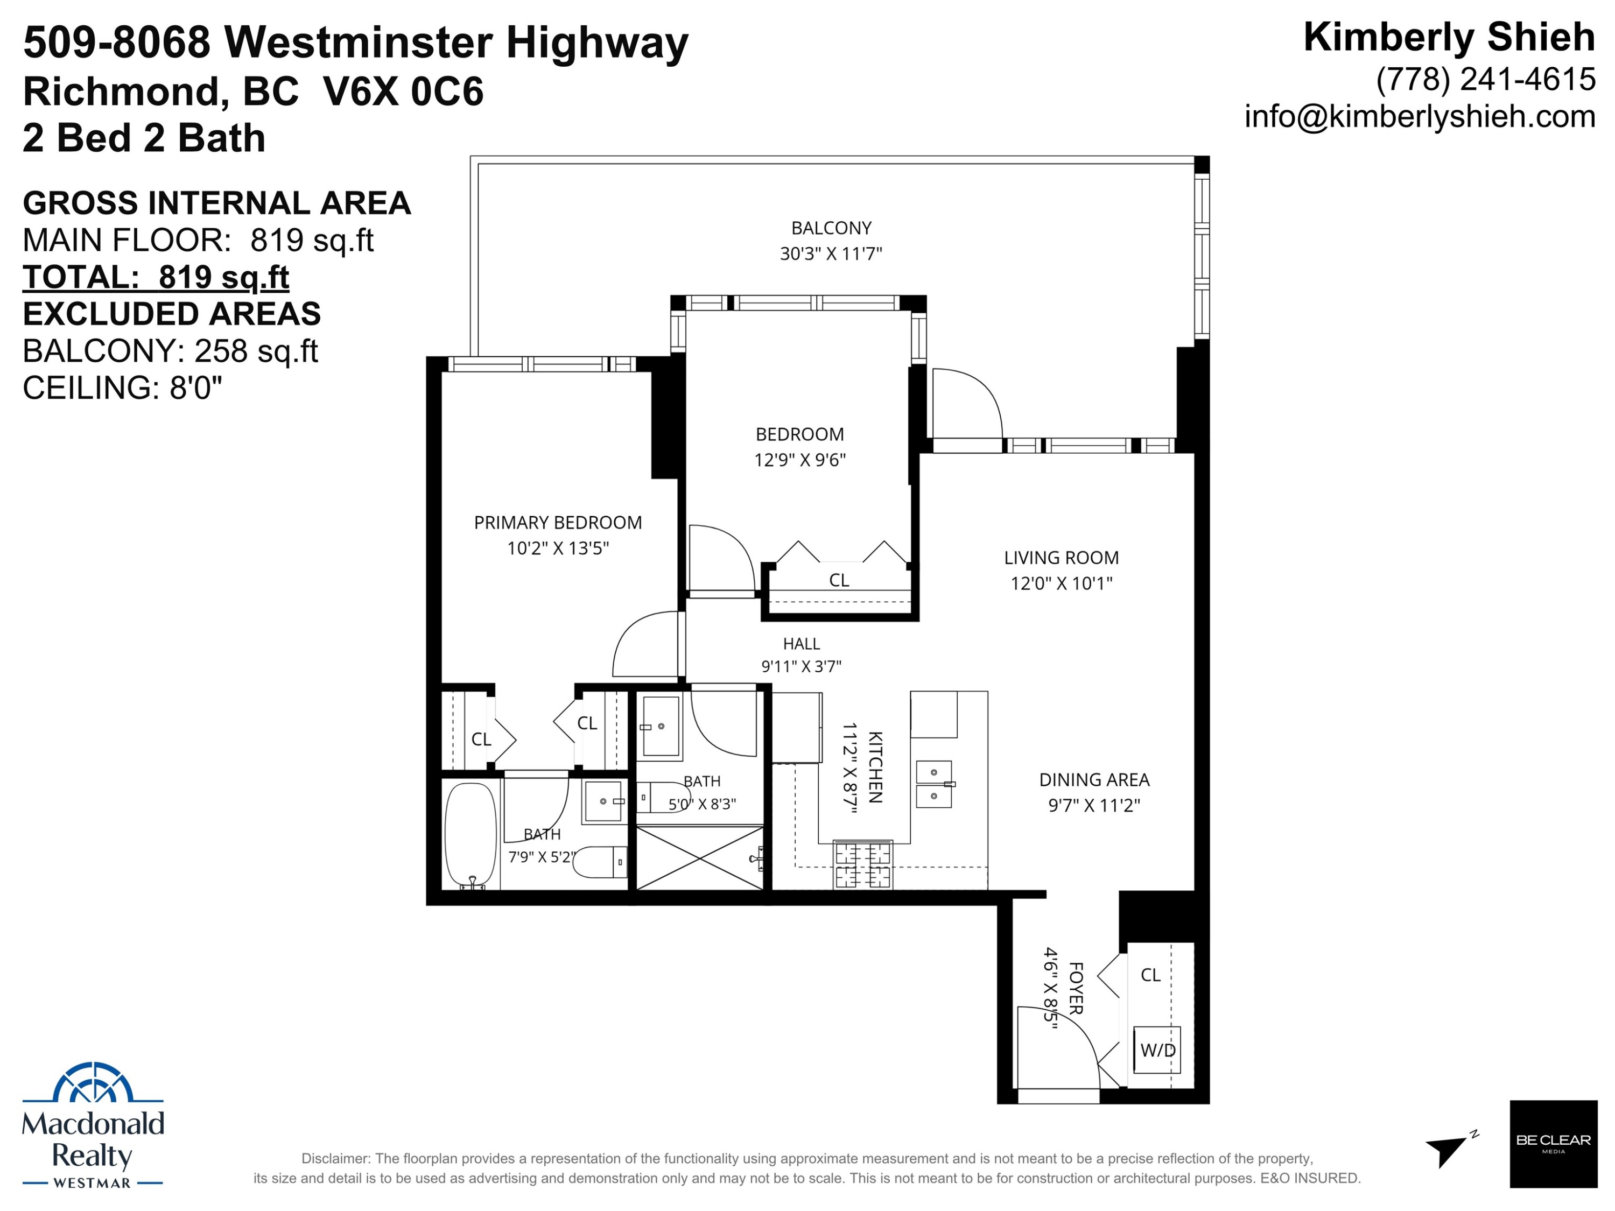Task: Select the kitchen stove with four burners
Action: tap(862, 864)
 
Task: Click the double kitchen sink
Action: tap(934, 784)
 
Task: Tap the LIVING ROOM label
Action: tap(1061, 558)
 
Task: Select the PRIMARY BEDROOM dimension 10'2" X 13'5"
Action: tap(558, 548)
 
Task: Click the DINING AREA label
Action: tap(1094, 779)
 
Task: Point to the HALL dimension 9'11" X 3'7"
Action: tap(801, 666)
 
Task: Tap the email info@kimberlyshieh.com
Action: tap(1420, 116)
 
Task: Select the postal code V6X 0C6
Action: tap(403, 91)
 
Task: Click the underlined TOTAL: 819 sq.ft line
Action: tap(156, 277)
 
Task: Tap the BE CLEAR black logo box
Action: tap(1553, 1144)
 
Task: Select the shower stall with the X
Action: tap(699, 858)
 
